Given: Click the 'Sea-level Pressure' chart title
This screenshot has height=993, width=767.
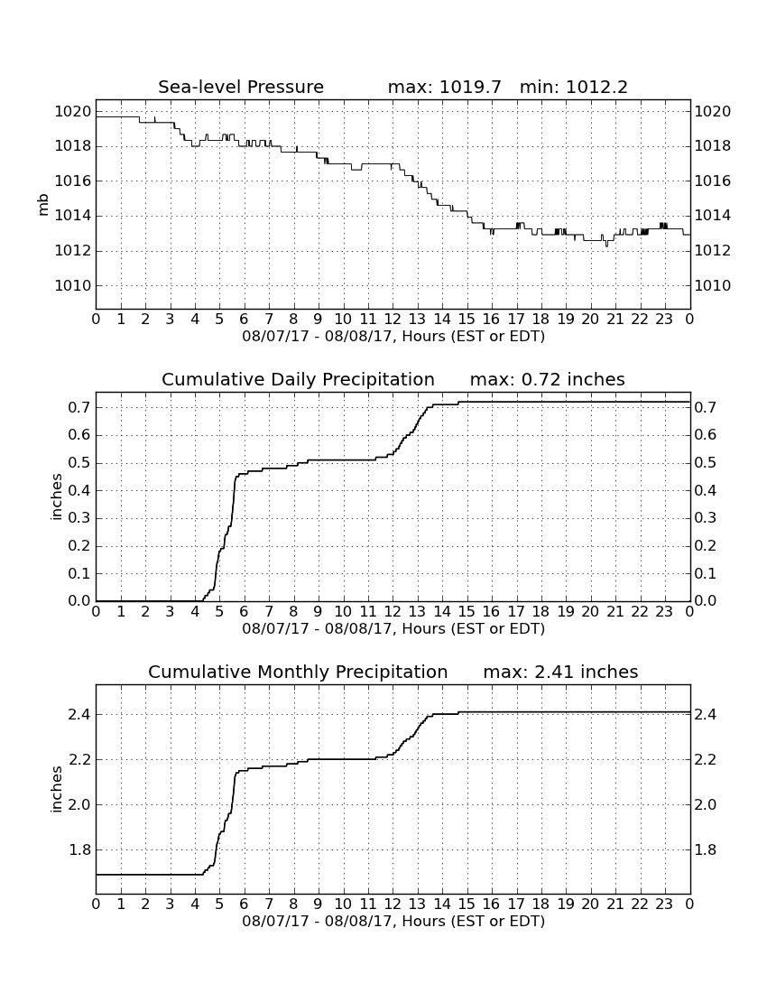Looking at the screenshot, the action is tap(241, 87).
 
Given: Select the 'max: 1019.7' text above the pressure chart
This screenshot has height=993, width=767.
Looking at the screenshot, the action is tap(444, 87).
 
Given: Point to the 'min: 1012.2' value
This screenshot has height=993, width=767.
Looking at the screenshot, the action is tap(573, 87).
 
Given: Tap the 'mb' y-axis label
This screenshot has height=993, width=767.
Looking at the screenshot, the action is tap(43, 205).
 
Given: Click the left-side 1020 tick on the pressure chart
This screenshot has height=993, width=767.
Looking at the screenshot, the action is tap(73, 112).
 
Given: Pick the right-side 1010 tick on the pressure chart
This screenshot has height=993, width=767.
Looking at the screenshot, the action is tap(713, 285).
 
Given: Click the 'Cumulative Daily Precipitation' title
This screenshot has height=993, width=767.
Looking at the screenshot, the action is tap(298, 379).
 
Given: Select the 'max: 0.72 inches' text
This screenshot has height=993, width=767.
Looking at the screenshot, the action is tap(548, 379).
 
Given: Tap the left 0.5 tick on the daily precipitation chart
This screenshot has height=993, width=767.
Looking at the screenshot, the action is tap(79, 463).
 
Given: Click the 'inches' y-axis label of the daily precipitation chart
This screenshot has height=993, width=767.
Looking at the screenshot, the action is tap(56, 497).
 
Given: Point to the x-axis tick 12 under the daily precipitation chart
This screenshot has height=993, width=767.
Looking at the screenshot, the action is tap(393, 611).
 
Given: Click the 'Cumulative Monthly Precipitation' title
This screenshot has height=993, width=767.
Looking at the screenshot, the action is tap(298, 672).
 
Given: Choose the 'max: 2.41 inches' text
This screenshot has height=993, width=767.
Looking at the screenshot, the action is tap(560, 672).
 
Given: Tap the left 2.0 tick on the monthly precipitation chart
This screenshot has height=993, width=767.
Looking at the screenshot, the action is tap(79, 804).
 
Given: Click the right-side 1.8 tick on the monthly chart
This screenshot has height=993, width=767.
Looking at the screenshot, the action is tap(707, 849).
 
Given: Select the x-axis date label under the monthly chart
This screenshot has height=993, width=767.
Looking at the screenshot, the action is tap(393, 921).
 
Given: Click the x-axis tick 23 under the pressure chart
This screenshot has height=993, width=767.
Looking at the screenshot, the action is tap(664, 319).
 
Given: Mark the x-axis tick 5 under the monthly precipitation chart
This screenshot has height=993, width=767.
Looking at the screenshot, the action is tap(219, 904).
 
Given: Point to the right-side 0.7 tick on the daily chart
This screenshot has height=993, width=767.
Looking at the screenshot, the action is tap(707, 407).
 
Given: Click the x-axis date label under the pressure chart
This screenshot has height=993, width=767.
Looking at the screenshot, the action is tap(393, 336).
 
